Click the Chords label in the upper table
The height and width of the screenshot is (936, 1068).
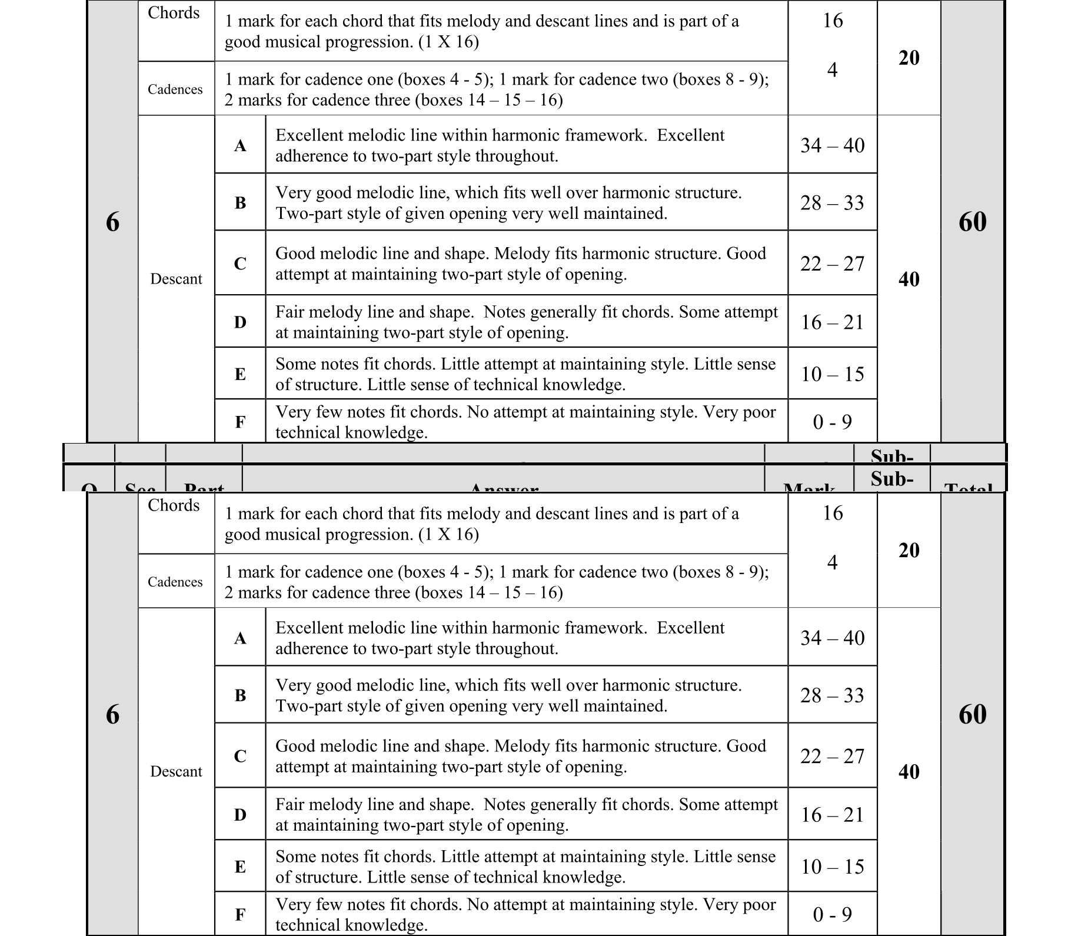coord(174,13)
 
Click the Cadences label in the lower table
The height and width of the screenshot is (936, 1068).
coord(175,582)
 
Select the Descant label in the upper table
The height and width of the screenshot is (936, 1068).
coord(176,279)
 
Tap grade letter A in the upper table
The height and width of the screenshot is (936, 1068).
coord(240,145)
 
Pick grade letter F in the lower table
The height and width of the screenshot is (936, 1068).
coord(240,915)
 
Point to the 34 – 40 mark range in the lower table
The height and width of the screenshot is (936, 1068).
coord(832,638)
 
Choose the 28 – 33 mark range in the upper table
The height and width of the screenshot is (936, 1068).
coord(832,203)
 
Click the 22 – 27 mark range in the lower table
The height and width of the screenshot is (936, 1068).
coord(832,756)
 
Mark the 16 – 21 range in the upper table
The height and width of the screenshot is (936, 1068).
coord(832,322)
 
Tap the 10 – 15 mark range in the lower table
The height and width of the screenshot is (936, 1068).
coord(832,867)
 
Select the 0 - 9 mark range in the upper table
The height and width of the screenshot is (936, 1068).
coord(832,422)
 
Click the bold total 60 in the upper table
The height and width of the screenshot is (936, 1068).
coord(972,222)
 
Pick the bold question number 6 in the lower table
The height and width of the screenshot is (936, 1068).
coord(112,714)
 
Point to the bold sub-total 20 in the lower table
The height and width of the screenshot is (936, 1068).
coord(909,550)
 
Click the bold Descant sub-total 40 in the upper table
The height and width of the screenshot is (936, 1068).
coord(909,279)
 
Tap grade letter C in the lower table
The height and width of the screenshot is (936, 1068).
coord(240,756)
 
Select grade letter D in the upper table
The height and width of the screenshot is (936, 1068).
coord(240,322)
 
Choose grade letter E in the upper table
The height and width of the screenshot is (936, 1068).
coord(240,374)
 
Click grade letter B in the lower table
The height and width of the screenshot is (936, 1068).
coord(240,695)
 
